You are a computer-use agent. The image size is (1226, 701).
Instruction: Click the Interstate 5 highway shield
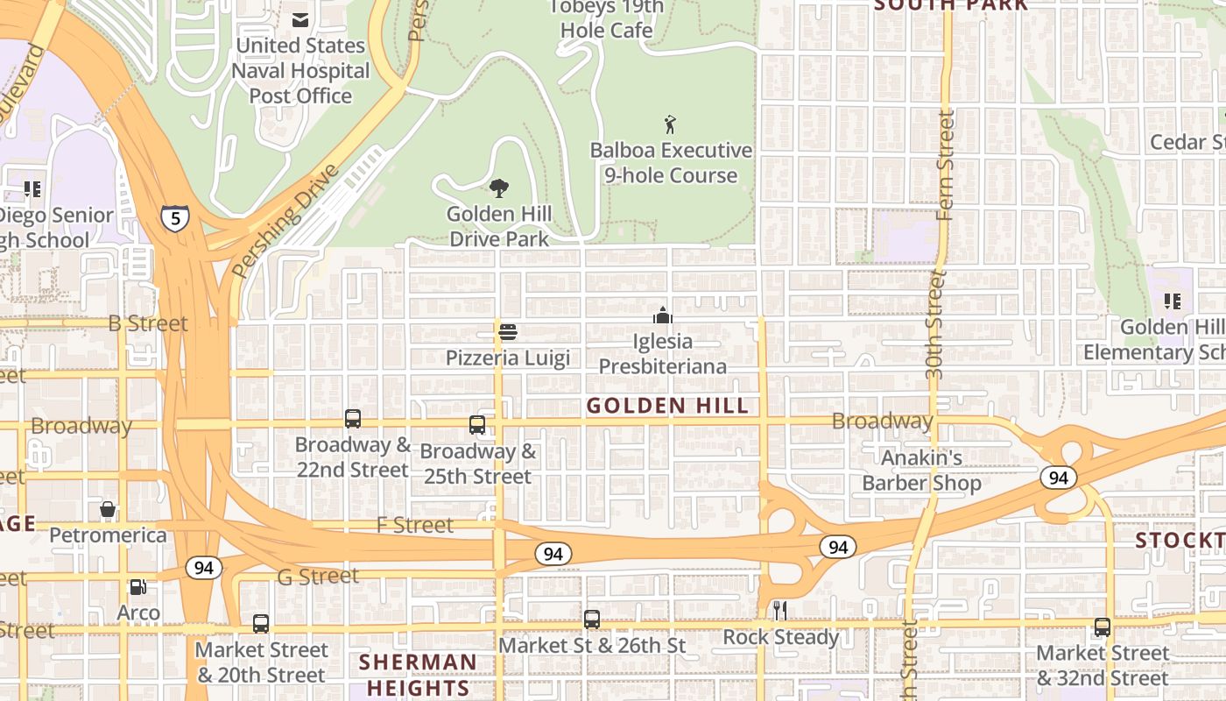click(x=175, y=217)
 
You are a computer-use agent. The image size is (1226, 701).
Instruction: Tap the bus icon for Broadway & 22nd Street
click(x=353, y=419)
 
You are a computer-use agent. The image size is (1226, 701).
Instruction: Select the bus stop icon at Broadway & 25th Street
click(x=477, y=425)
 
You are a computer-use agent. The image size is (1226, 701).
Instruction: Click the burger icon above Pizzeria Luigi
click(x=507, y=332)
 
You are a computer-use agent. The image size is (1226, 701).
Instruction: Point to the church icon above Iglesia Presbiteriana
click(x=663, y=315)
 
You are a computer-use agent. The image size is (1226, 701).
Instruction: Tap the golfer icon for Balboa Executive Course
click(x=670, y=125)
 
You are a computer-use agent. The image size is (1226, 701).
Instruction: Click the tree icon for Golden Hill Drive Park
click(x=499, y=188)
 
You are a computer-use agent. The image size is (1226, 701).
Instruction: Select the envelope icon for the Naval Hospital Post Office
click(x=300, y=20)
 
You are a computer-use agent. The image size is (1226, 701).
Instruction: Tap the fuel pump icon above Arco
click(x=137, y=587)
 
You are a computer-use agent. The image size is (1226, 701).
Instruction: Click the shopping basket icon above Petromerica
click(x=108, y=509)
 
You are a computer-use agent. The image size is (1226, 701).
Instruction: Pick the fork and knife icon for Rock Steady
click(x=779, y=611)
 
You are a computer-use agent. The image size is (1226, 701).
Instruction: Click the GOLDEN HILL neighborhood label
click(x=667, y=406)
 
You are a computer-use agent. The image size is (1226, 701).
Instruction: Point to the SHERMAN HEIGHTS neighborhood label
click(x=419, y=675)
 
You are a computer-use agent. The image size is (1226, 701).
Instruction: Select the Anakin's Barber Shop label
click(x=921, y=471)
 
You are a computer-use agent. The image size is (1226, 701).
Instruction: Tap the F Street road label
click(x=415, y=526)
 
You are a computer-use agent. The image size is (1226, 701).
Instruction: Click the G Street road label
click(x=317, y=577)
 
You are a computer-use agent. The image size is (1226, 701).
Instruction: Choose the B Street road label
click(x=148, y=323)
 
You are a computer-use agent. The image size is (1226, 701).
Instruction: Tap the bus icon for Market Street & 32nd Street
click(x=1102, y=627)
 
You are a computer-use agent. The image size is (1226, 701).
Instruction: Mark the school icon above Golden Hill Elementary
click(x=1173, y=301)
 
